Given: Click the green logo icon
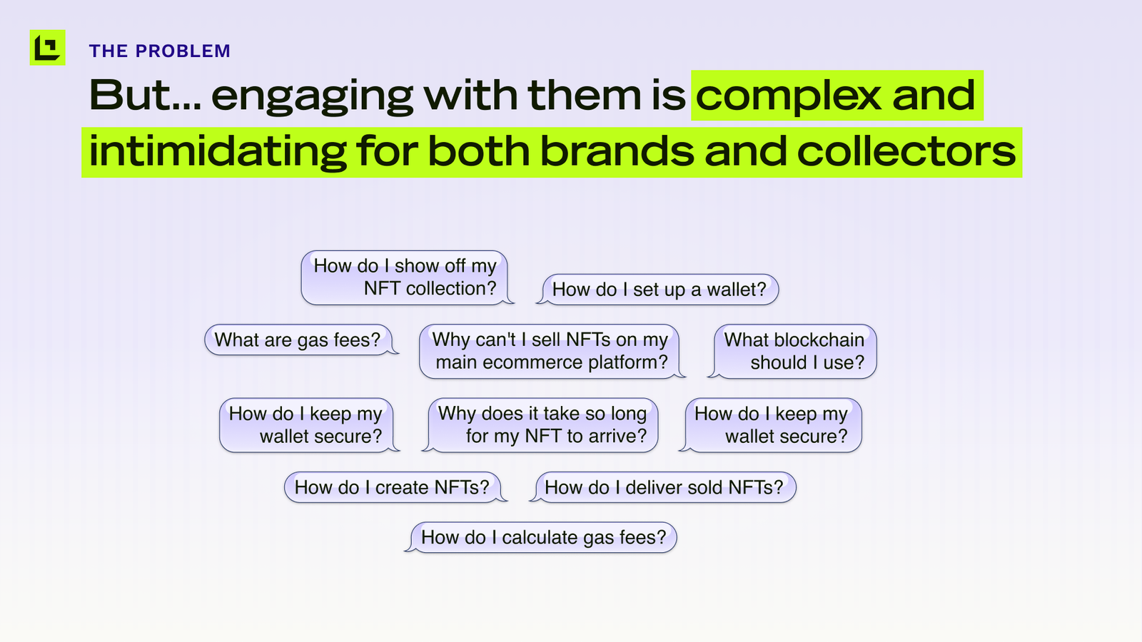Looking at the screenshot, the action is (47, 47).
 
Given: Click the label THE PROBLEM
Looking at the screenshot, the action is (160, 51).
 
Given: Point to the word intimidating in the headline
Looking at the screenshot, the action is (218, 151).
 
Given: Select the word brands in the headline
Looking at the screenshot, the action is (617, 151).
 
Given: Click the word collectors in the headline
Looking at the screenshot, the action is (906, 151).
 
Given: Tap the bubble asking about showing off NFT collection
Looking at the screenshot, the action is (406, 277).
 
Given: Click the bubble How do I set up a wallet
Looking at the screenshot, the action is (657, 290).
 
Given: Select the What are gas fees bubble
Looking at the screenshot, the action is (300, 340).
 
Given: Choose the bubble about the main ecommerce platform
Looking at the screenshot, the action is (550, 352).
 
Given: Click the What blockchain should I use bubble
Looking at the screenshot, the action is (793, 352).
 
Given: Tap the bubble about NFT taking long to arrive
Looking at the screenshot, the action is (542, 425).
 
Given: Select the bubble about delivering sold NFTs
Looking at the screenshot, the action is (663, 488).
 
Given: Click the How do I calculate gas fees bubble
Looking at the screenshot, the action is (542, 538).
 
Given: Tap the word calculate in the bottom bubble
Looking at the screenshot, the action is (540, 538).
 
